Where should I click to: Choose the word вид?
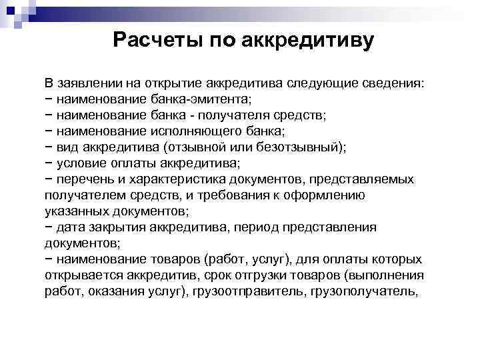pyautogui.click(x=68, y=147)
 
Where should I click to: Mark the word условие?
pyautogui.click(x=82, y=163)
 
